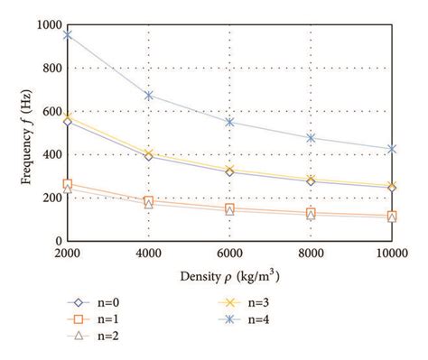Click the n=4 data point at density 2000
pos(67,35)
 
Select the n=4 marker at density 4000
pos(148,95)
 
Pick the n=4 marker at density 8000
pos(311,138)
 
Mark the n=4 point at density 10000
pos(392,149)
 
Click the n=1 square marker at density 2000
pos(67,184)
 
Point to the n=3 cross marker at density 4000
pos(148,154)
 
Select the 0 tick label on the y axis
pos(56,242)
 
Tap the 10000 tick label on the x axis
pos(391,254)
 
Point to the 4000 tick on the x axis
pos(148,254)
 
